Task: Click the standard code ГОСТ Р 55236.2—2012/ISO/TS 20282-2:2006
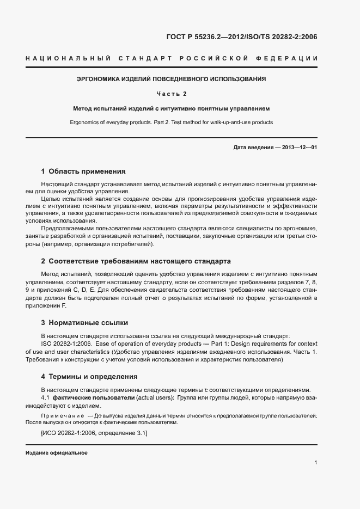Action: pyautogui.click(x=241, y=37)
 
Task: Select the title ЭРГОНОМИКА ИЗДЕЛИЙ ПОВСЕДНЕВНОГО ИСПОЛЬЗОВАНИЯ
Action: pyautogui.click(x=172, y=79)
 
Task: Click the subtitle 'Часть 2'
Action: pyautogui.click(x=172, y=94)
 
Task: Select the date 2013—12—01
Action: pyautogui.click(x=299, y=148)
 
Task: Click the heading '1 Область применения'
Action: pyautogui.click(x=83, y=171)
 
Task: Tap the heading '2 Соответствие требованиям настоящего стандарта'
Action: pyautogui.click(x=136, y=261)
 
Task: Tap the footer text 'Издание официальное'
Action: pyautogui.click(x=57, y=453)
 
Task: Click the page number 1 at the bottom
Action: pyautogui.click(x=316, y=463)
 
